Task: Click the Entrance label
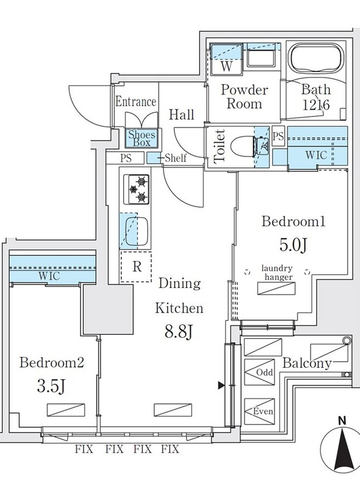(136, 102)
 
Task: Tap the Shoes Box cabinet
(140, 139)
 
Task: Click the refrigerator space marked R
(137, 266)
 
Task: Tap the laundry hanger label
(277, 274)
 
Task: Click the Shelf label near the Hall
(176, 158)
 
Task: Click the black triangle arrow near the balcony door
(221, 385)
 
